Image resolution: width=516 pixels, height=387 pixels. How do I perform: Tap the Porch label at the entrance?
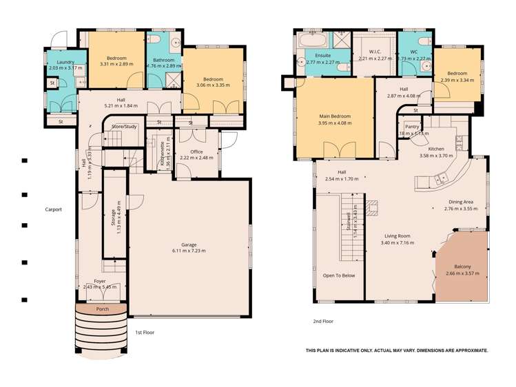click(102, 309)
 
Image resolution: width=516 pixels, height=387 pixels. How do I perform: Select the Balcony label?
click(462, 266)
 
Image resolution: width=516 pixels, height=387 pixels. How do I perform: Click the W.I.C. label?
click(375, 52)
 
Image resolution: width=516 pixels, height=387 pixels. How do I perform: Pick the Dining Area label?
click(460, 202)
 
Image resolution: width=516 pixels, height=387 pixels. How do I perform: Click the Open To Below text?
click(339, 275)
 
